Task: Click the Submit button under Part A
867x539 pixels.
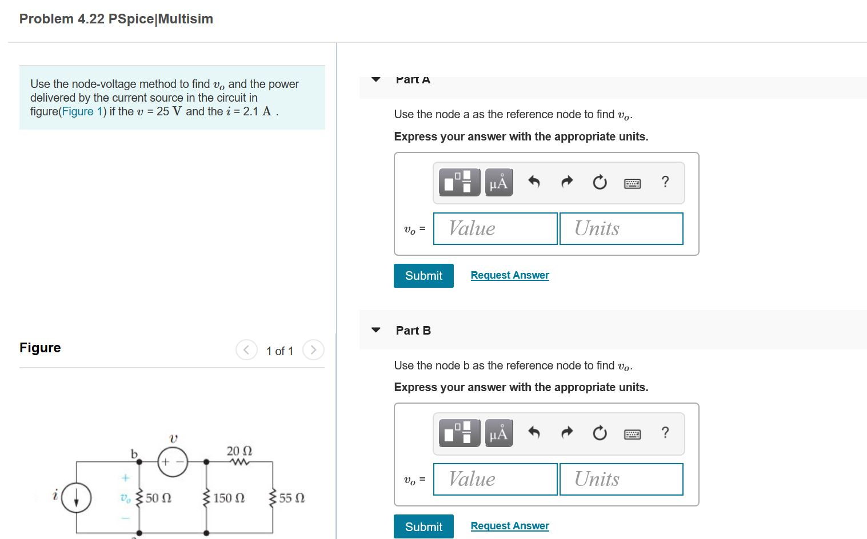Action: coord(423,276)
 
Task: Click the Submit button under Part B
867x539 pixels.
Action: coord(423,526)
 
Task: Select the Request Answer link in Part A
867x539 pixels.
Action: coord(510,275)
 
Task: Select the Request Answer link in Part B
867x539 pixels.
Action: coord(510,526)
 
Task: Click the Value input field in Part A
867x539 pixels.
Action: coord(495,228)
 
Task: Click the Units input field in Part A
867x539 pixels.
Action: coord(621,228)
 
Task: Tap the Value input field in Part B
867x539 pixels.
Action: coord(495,479)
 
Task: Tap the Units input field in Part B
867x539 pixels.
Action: coord(621,479)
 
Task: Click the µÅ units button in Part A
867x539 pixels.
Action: coord(498,183)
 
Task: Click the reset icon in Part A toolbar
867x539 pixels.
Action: coord(600,183)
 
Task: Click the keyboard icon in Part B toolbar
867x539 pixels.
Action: coord(632,434)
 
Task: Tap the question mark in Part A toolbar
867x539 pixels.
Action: coord(665,182)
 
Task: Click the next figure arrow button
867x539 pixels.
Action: coord(313,350)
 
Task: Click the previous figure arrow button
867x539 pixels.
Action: coord(246,350)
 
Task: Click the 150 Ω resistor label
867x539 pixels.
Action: coord(229,498)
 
